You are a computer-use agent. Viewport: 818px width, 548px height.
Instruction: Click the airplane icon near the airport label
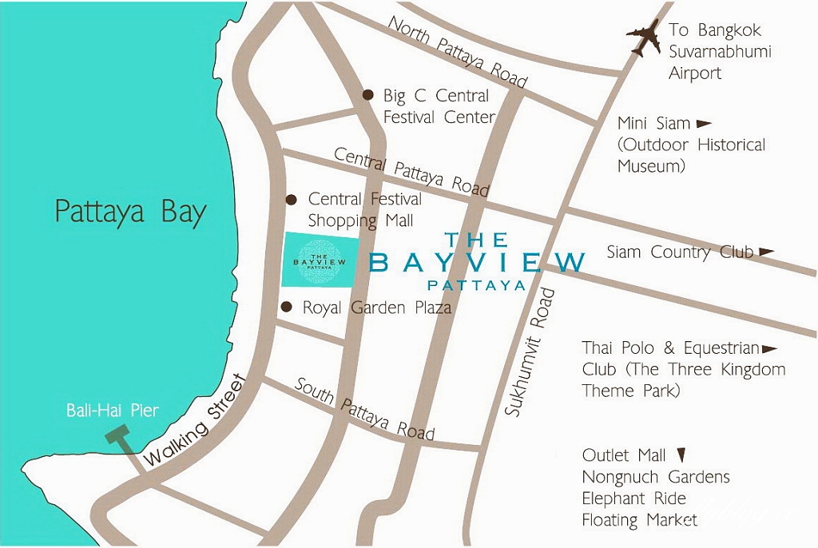point(645,37)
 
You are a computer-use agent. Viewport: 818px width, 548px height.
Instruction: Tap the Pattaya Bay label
point(130,212)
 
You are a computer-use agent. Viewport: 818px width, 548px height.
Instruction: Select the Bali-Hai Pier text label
point(112,411)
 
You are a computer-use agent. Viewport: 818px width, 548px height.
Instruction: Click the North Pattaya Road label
point(457,52)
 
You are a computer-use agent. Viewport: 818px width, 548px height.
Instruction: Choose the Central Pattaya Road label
point(411,171)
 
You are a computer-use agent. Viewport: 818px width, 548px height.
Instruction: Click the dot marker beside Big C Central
point(367,94)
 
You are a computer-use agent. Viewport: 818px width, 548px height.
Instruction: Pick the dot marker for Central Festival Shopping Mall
point(292,199)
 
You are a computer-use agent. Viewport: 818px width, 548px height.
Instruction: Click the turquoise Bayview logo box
point(319,260)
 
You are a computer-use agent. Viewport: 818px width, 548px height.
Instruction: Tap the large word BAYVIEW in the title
point(478,262)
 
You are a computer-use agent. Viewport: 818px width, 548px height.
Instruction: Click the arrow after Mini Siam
point(704,124)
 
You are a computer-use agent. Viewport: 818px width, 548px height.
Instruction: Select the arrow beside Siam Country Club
point(766,252)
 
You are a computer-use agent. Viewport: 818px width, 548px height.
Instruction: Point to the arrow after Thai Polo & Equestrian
point(770,349)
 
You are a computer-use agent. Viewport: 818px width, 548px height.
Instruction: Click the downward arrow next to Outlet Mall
point(681,455)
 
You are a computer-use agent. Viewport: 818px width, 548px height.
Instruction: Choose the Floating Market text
point(639,520)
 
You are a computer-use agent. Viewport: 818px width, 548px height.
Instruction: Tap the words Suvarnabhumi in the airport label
point(713,52)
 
